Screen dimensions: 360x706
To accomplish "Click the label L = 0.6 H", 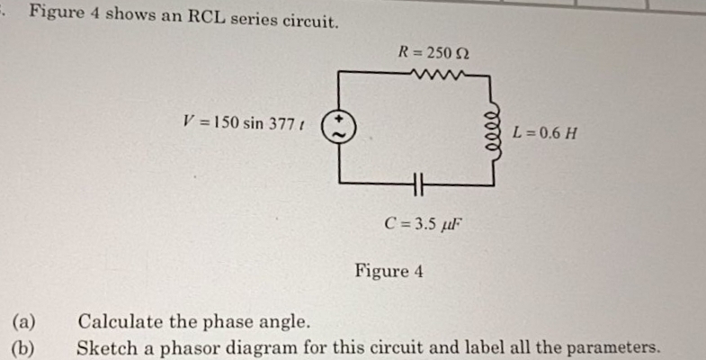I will click(545, 134).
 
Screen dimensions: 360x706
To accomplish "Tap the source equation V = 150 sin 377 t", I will click(245, 122).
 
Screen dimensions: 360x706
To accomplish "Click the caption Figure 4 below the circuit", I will click(389, 270).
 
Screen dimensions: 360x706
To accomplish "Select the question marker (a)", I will click(24, 321).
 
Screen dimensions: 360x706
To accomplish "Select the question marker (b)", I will click(24, 346).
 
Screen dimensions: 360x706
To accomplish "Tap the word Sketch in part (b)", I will click(104, 346).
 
